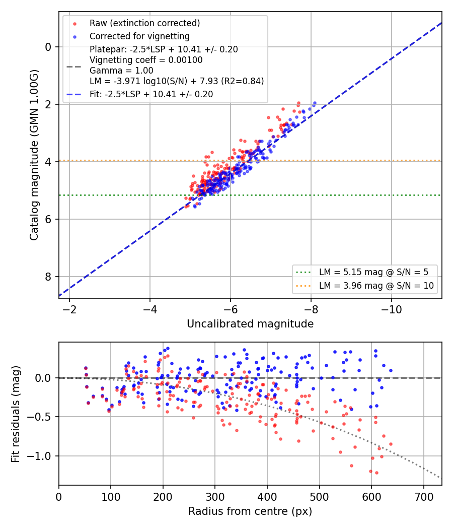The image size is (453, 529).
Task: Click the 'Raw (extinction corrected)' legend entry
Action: [144, 23]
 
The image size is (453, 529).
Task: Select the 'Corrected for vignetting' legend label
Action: [139, 36]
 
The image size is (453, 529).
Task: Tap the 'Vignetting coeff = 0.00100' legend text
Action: [146, 60]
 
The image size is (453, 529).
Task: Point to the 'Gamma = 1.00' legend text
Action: [121, 71]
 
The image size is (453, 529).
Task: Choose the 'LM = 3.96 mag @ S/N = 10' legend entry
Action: [376, 286]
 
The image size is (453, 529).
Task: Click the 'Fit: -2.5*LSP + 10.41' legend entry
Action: [152, 94]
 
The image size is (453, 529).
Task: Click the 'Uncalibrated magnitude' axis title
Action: [250, 324]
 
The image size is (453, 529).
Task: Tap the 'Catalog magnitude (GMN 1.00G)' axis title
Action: [34, 155]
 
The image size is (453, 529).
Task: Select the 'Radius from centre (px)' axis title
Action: [250, 511]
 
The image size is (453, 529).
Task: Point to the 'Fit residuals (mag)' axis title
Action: [16, 414]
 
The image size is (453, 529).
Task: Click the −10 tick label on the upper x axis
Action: [391, 309]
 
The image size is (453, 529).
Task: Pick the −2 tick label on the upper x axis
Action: [69, 309]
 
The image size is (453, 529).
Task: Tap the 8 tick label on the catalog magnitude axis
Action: [48, 277]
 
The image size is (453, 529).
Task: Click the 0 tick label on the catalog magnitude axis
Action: [48, 47]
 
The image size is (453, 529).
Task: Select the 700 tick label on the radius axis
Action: [423, 497]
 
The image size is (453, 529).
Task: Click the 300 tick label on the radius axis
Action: [215, 497]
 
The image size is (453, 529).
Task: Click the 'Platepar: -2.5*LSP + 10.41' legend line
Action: [164, 49]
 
